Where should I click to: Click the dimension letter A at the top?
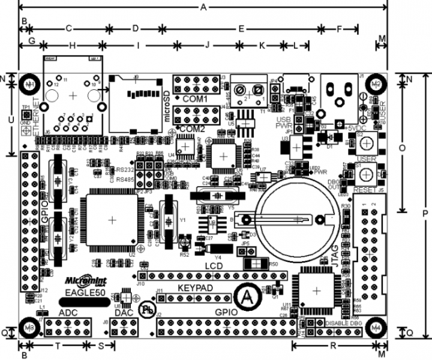pos(203,7)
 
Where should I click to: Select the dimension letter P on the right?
pos(425,213)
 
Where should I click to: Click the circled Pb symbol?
pos(146,309)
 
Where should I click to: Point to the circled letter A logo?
pos(245,296)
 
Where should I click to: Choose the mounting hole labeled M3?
pos(28,326)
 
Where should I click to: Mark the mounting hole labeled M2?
pos(376,83)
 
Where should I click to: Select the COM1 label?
pos(194,98)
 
